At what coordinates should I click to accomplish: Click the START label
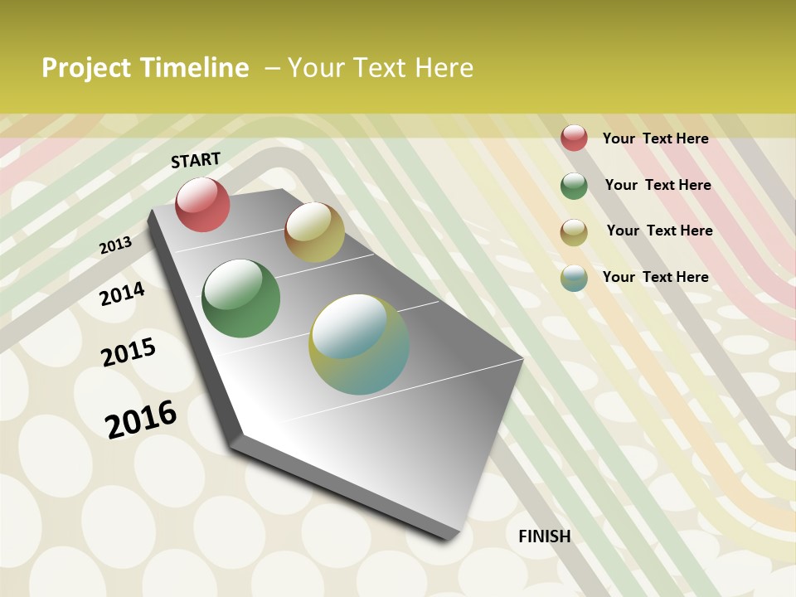(196, 160)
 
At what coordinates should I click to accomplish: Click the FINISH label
(544, 536)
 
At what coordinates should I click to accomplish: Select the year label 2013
(115, 245)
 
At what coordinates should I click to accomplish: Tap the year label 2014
(122, 294)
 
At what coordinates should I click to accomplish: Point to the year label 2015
(129, 352)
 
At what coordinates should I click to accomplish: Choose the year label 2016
(141, 420)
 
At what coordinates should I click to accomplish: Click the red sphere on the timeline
(202, 205)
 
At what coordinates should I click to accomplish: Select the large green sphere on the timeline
(240, 298)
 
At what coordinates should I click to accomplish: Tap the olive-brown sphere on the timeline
(314, 232)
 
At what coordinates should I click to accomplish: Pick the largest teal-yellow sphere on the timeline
(359, 344)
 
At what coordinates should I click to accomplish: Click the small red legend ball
(574, 138)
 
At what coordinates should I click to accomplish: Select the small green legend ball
(574, 186)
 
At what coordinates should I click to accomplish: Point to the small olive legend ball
(574, 232)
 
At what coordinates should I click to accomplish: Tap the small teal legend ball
(574, 278)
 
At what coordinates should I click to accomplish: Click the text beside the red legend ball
(655, 138)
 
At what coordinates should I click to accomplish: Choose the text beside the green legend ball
(658, 185)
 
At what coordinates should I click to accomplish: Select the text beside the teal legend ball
(655, 277)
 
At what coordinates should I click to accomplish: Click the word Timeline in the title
(196, 68)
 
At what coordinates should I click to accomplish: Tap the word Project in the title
(87, 68)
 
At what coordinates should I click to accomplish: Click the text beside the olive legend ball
(659, 231)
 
